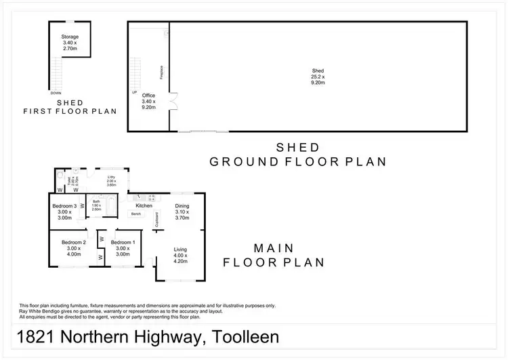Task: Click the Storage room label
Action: (x=70, y=37)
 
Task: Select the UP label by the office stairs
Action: (x=134, y=92)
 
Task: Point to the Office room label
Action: (x=148, y=96)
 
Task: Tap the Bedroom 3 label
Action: (x=65, y=206)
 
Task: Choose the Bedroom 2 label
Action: (x=73, y=242)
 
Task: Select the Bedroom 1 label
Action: (x=123, y=242)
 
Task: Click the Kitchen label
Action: (x=144, y=205)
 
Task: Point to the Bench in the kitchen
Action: (x=136, y=214)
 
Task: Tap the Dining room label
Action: (x=182, y=205)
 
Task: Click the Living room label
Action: (x=180, y=249)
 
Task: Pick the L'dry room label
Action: (x=110, y=178)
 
